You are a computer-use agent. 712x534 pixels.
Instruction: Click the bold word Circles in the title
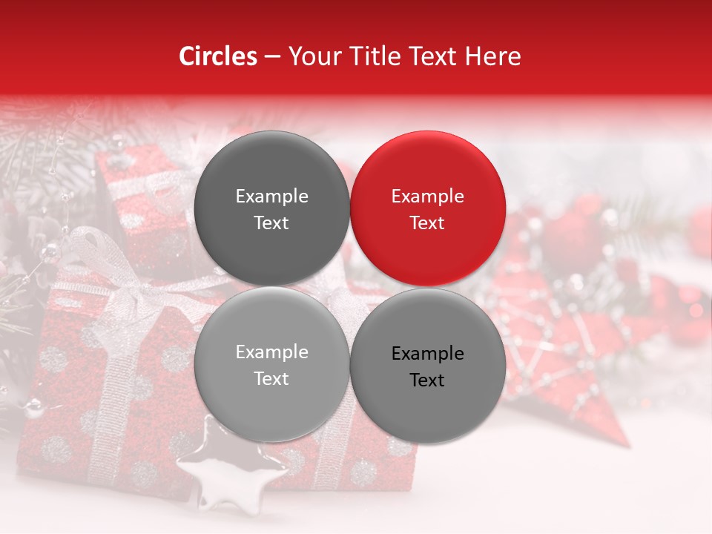(x=217, y=56)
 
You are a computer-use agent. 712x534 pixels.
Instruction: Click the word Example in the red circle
(x=427, y=197)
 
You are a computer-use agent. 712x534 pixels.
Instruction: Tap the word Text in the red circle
(x=427, y=223)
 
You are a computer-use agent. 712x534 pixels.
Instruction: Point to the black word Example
(x=427, y=354)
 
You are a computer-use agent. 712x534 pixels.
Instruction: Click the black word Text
(x=427, y=380)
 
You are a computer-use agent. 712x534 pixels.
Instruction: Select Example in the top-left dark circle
(x=271, y=197)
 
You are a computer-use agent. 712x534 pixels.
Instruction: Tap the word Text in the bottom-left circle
(x=271, y=379)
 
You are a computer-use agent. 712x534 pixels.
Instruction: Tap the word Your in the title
(x=311, y=56)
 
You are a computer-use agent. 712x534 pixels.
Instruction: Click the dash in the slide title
(x=271, y=56)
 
